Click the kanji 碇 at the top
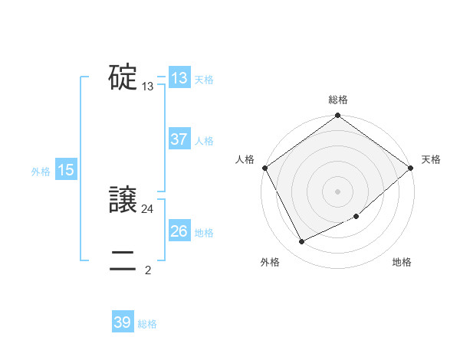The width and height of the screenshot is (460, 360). pos(123,78)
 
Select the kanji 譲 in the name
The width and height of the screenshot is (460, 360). pos(123,201)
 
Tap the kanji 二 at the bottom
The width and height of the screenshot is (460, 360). pos(123,261)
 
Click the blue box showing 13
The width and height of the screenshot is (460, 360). pos(179,78)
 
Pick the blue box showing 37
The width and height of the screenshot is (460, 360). pos(179,140)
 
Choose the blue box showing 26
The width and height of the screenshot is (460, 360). pos(179,231)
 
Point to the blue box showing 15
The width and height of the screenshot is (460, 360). pos(66,171)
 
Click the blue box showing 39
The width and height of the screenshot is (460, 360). pos(123,322)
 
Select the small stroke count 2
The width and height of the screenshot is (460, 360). pos(148,270)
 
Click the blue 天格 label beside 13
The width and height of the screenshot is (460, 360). pos(204,80)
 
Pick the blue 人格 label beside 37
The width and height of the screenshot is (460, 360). pos(204,141)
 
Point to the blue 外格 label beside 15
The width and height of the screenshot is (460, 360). pos(41,172)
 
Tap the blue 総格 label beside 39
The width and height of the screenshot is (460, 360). pos(147,324)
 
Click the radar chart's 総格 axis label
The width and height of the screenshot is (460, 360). pos(338,100)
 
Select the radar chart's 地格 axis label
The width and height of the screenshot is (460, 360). pos(402,263)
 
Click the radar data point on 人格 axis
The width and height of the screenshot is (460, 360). pos(264,168)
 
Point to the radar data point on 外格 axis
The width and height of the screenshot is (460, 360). pos(301,242)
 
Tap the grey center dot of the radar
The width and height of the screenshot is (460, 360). pos(338,191)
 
